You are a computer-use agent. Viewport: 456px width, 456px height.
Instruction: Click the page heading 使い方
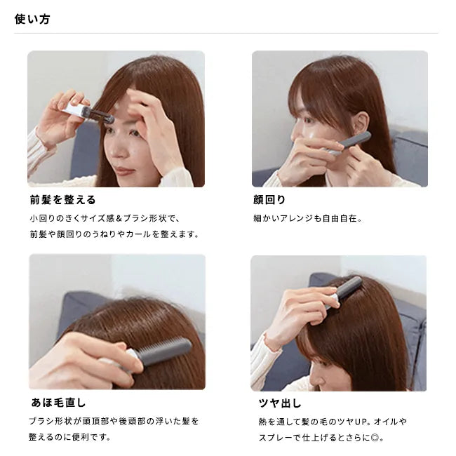pos(32,19)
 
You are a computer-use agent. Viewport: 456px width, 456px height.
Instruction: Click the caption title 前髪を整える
pos(62,200)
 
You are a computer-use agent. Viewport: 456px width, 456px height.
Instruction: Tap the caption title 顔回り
pos(270,200)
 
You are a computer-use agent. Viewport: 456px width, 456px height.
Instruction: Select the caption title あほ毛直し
pos(58,403)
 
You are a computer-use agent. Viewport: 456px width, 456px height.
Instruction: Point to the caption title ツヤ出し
pos(279,403)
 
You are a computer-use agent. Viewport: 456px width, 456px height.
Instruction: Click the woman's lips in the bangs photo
pos(125,170)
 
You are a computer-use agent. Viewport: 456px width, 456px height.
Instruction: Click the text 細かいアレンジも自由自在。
pos(308,218)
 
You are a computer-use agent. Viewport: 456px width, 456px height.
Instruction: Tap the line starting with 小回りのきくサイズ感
pos(105,218)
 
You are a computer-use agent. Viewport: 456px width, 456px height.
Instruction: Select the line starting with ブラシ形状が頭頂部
pos(114,421)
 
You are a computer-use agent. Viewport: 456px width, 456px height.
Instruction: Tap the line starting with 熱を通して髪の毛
pos(332,422)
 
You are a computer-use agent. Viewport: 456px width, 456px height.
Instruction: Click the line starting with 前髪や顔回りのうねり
pos(114,234)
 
